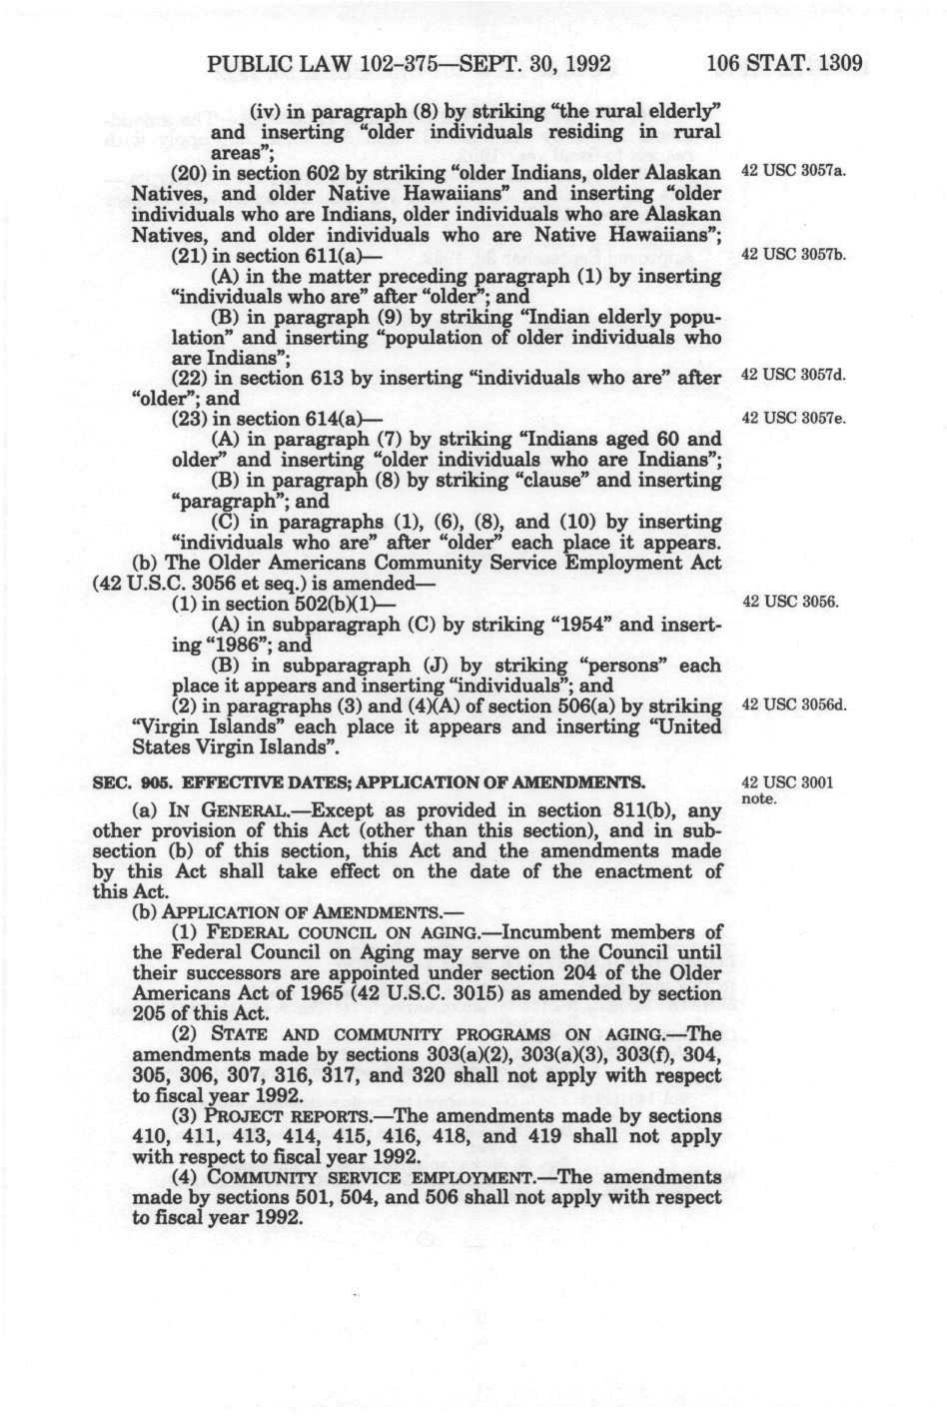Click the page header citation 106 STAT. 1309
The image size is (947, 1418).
click(x=783, y=65)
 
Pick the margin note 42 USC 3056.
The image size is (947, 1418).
click(x=789, y=603)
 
